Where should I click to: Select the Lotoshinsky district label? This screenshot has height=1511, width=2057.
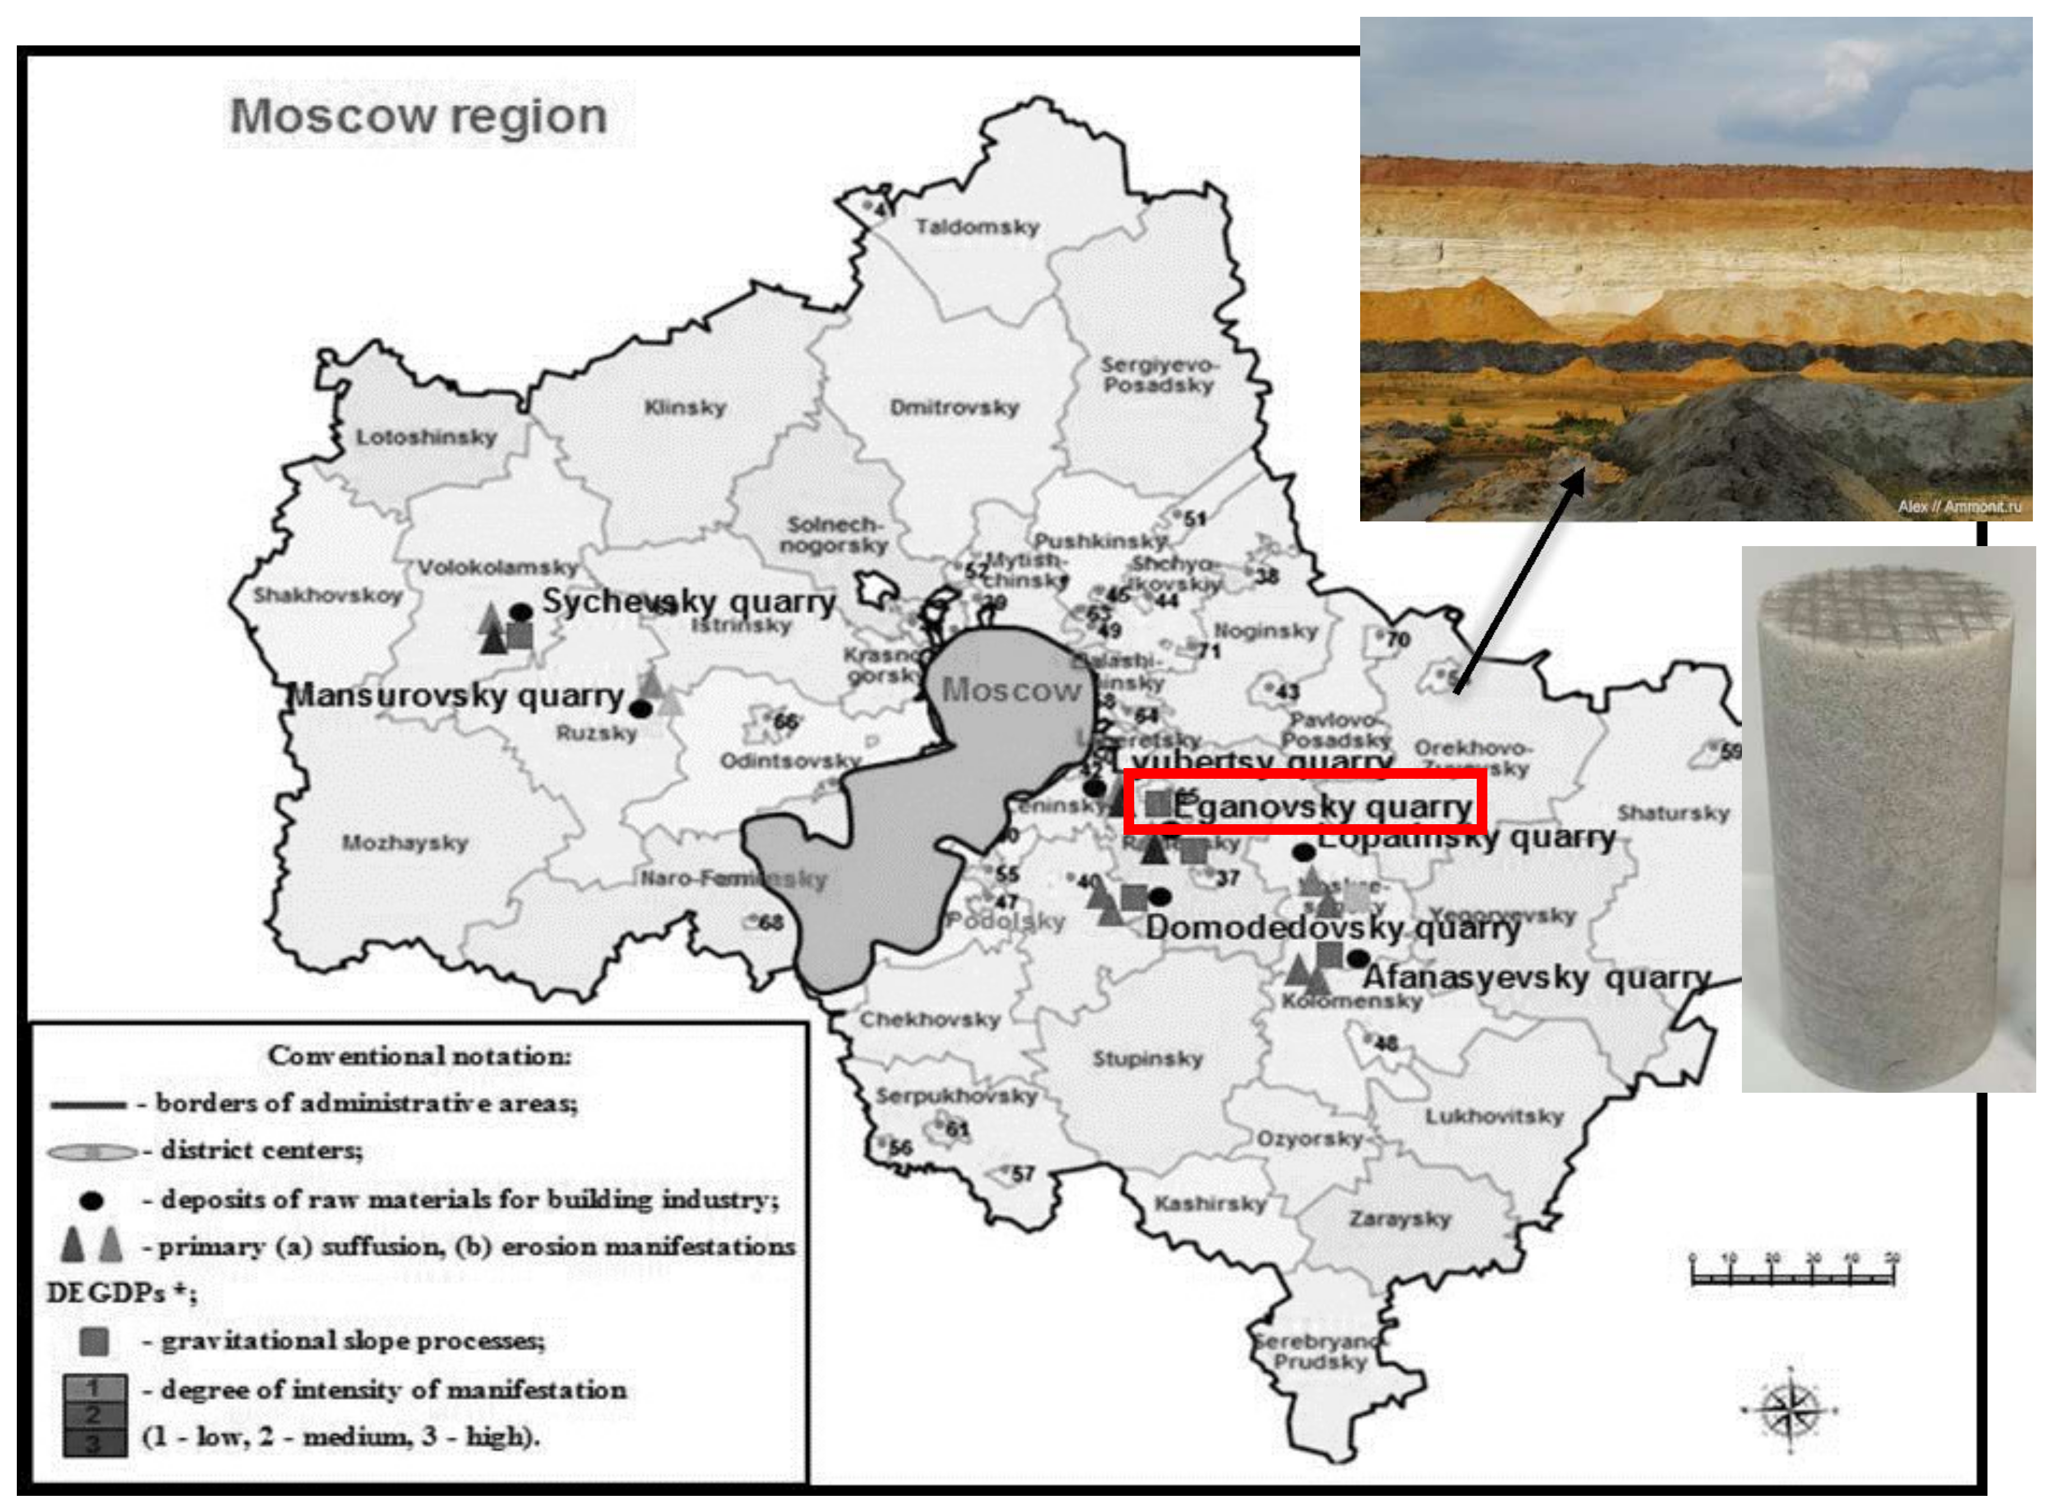click(x=426, y=437)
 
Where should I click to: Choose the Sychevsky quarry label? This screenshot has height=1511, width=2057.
click(x=688, y=602)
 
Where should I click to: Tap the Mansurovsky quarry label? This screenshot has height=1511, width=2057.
click(x=456, y=696)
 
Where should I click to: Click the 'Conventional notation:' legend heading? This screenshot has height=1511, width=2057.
click(x=419, y=1056)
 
